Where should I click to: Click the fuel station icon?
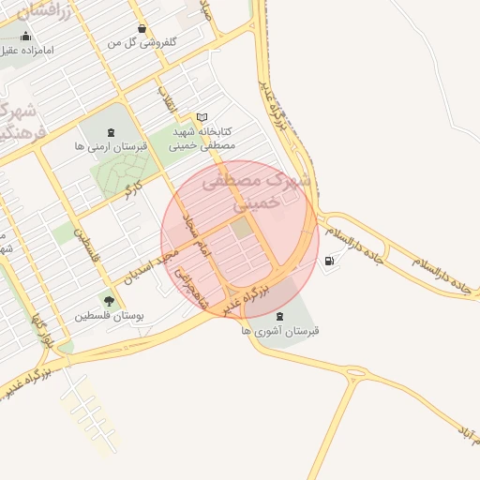tap(329, 261)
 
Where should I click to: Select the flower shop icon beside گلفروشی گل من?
tap(141, 28)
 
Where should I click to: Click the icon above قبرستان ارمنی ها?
tap(112, 132)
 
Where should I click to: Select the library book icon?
tap(202, 117)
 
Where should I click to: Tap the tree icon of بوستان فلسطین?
tap(111, 301)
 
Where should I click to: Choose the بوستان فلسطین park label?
tap(108, 316)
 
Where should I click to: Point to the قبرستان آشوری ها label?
tap(280, 331)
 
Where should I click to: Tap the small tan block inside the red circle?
tap(242, 228)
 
